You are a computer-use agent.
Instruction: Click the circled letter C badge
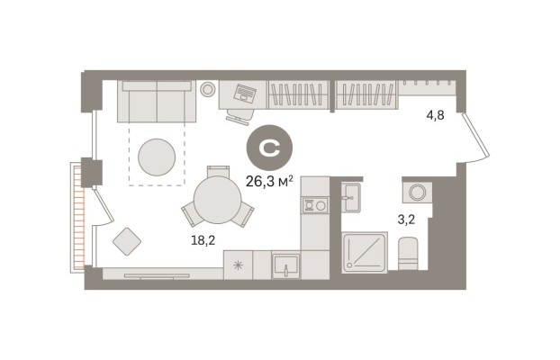coord(269,148)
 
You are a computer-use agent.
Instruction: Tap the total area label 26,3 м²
coord(269,182)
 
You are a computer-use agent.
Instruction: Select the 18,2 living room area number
coord(203,240)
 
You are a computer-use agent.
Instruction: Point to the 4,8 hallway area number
coord(436,115)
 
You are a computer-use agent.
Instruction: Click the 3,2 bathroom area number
coord(406,220)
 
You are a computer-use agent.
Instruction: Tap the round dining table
coord(218,200)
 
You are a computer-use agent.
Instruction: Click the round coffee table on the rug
coord(157,157)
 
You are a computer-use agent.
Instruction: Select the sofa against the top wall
coord(157,102)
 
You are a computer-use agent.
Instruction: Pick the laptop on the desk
coord(245,93)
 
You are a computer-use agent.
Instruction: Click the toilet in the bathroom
coord(408,253)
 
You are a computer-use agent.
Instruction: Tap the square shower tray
coord(365,253)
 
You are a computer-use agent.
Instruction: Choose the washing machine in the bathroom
coord(417,193)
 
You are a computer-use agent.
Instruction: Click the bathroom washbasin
coord(351,197)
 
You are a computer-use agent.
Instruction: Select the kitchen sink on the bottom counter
coord(285,265)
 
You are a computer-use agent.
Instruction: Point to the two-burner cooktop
coord(314,205)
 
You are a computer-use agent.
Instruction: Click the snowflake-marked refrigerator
coord(238,265)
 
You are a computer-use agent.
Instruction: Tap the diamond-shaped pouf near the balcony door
coord(127,241)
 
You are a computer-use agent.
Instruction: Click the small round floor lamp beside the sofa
coord(207,89)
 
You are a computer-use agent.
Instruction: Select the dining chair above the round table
coord(218,171)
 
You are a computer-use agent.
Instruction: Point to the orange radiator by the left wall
coord(79,216)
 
